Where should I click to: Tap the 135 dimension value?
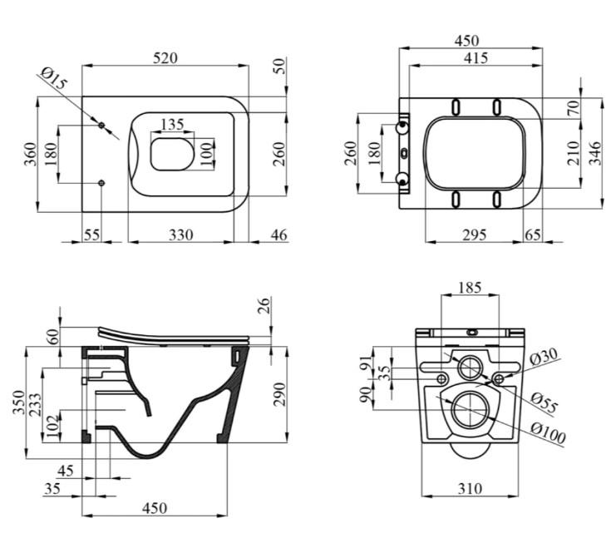coord(171,125)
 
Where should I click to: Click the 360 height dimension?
coord(29,155)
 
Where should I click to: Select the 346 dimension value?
coord(595,154)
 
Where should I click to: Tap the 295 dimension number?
coord(473,235)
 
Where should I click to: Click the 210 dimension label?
coord(573,154)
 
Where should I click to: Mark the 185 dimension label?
coord(471,289)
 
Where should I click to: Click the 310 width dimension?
coord(471,489)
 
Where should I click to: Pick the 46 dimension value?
coord(278,235)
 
